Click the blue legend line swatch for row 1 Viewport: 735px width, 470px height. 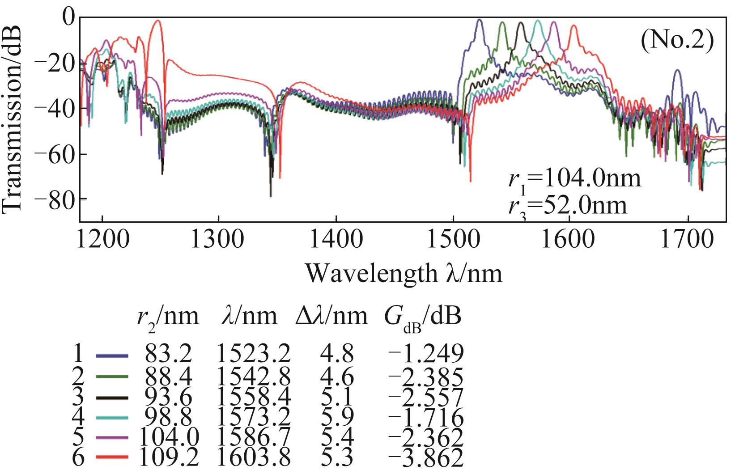tap(112, 356)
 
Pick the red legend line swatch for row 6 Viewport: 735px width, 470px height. tap(112, 457)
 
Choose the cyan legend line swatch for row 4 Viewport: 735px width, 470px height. tap(112, 417)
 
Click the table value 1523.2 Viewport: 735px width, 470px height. tap(254, 356)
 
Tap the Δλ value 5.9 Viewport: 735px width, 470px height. tap(337, 417)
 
